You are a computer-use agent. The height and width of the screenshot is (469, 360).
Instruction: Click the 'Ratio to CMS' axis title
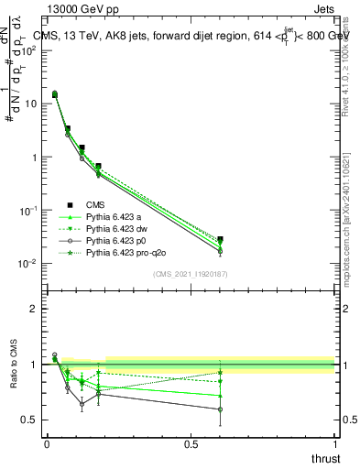pyautogui.click(x=13, y=365)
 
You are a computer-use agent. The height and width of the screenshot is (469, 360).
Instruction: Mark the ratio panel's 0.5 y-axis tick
pyautogui.click(x=29, y=420)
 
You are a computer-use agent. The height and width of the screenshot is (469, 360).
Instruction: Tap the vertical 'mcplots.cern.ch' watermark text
pyautogui.click(x=352, y=247)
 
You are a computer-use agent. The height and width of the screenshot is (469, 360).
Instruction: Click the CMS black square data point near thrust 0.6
pyautogui.click(x=220, y=239)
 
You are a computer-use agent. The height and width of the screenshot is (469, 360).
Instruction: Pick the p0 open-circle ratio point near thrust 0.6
pyautogui.click(x=220, y=409)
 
